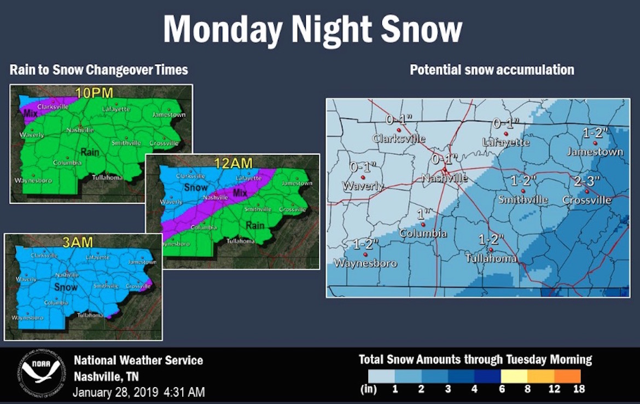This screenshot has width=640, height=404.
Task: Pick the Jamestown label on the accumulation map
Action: pos(595,152)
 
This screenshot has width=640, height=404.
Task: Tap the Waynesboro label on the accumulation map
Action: pos(365,263)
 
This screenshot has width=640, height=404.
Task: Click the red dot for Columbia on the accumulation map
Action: pos(423,224)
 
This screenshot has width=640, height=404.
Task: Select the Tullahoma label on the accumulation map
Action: pos(491,258)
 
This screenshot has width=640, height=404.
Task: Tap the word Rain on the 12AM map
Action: pos(255,225)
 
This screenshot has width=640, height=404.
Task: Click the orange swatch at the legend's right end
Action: pos(567,376)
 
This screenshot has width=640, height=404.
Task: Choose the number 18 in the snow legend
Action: pos(579,389)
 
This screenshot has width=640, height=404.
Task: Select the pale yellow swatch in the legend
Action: pos(514,376)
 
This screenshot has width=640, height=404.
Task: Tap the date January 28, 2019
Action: pos(115,392)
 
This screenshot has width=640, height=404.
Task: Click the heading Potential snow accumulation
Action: pos(492,70)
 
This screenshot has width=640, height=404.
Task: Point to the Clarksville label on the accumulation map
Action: pos(398,138)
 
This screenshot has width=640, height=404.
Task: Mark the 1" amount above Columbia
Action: pos(422,213)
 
